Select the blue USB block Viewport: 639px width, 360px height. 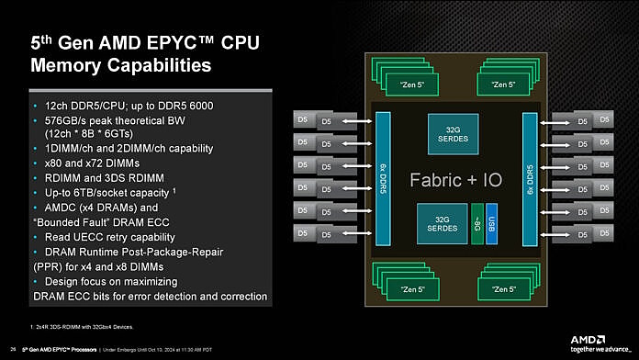tap(491, 223)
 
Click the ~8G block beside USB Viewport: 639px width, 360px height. tap(476, 223)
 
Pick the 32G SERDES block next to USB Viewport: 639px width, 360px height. tap(441, 223)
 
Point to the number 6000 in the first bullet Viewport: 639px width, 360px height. tap(198, 106)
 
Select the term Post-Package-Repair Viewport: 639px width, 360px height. tap(178, 252)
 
